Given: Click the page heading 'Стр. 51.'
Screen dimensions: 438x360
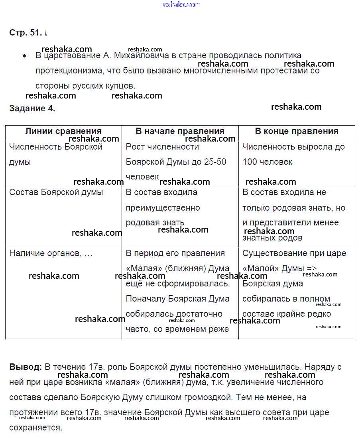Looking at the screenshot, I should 25,33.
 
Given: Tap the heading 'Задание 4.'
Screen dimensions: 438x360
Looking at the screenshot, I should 32,109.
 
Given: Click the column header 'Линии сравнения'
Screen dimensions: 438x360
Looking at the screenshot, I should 63,131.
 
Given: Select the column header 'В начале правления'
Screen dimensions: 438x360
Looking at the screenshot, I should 180,131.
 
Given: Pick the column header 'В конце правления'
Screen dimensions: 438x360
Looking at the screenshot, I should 297,131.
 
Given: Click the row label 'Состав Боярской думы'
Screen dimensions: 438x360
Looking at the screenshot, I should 56,192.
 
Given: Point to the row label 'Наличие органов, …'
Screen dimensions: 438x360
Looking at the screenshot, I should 51,253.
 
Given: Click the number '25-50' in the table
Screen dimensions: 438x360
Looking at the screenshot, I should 215,162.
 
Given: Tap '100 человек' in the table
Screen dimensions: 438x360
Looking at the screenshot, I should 267,162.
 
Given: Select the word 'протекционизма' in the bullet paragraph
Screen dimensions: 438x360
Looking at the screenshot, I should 69,71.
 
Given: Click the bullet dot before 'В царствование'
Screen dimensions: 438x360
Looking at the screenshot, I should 25,56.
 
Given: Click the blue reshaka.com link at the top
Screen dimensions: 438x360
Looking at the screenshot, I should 180,4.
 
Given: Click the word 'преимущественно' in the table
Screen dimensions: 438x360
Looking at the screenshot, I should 163,208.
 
